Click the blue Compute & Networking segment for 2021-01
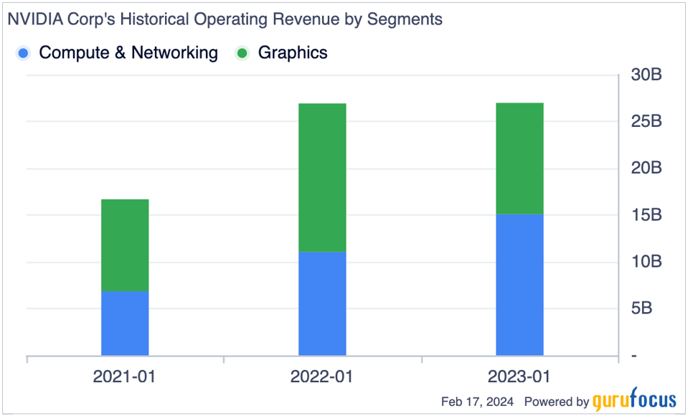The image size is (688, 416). [x=125, y=323]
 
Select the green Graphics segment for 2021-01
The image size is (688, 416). [x=125, y=245]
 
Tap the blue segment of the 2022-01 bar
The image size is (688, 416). [x=322, y=303]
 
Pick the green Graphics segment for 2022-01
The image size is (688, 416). [x=322, y=177]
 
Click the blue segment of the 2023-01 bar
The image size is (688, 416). [x=519, y=285]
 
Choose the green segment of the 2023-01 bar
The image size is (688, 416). [x=519, y=159]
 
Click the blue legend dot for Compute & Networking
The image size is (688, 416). [x=24, y=53]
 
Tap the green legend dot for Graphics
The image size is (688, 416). [x=243, y=53]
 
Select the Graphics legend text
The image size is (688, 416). [x=293, y=52]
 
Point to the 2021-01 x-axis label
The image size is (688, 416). [x=125, y=377]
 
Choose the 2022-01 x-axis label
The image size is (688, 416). [x=322, y=377]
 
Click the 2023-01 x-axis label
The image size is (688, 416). [x=519, y=377]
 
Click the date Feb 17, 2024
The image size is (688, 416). [x=477, y=402]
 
